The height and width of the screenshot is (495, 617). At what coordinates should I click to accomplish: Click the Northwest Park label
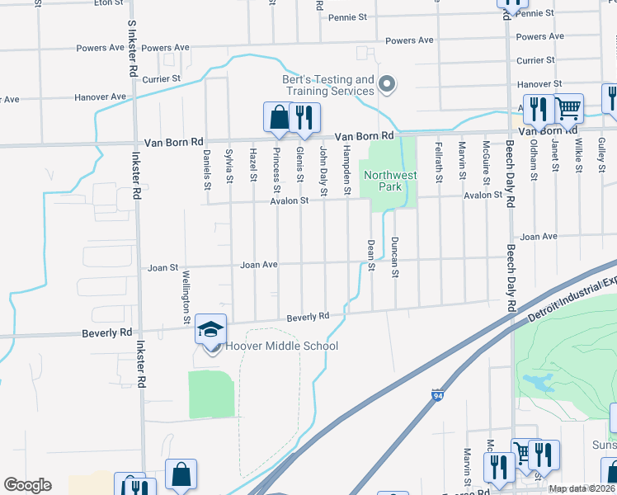391,181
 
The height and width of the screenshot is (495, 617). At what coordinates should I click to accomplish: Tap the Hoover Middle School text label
281,346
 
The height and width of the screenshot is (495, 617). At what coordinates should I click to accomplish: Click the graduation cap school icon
210,329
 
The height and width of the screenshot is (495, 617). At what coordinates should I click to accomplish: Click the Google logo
27,485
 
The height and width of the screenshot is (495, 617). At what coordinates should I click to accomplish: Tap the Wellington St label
187,297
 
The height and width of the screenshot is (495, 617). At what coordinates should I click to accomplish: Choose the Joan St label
162,268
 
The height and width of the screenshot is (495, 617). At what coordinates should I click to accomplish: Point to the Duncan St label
395,257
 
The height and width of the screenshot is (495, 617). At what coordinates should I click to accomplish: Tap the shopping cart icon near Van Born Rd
568,108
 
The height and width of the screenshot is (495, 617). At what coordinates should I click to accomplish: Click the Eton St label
108,3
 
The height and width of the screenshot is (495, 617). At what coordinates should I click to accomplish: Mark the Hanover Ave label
101,97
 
